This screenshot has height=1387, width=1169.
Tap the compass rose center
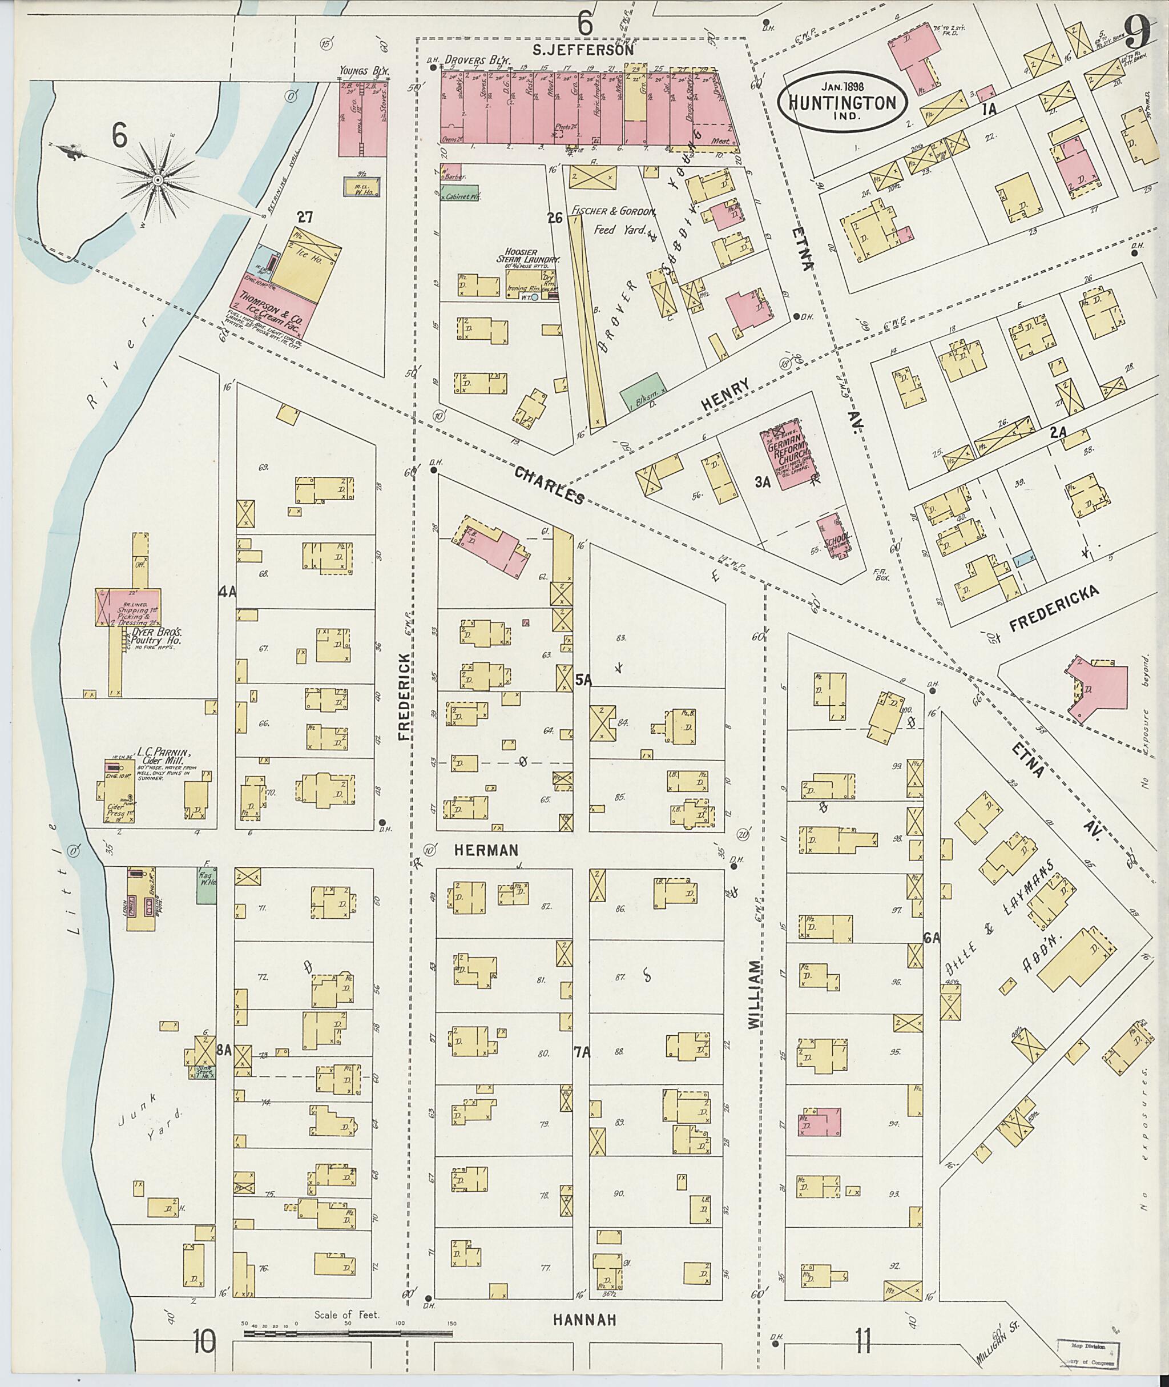tap(158, 180)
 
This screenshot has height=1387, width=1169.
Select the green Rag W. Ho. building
tap(207, 886)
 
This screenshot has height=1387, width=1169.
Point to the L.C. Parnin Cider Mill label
tap(164, 757)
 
